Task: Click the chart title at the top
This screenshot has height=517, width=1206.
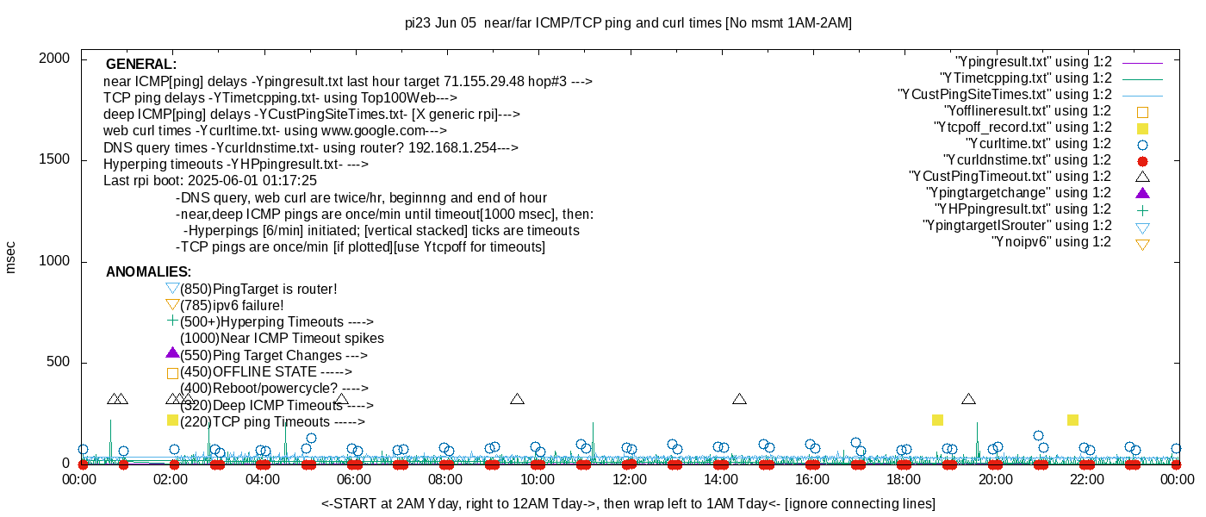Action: click(628, 23)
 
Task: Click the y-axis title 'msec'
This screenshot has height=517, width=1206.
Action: click(10, 257)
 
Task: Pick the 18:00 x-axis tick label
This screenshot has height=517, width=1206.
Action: click(903, 479)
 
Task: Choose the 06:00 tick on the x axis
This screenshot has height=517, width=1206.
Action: click(354, 479)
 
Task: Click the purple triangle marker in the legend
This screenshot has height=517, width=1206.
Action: click(1142, 193)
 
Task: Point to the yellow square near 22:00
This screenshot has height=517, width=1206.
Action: click(1072, 420)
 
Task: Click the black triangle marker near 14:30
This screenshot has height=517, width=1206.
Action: click(739, 399)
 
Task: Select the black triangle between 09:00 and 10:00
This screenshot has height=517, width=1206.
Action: click(517, 399)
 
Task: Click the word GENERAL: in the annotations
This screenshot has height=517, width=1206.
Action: click(141, 65)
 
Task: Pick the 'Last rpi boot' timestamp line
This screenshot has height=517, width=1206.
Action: click(210, 181)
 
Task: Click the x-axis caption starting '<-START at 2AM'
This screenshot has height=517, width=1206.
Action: click(628, 502)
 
